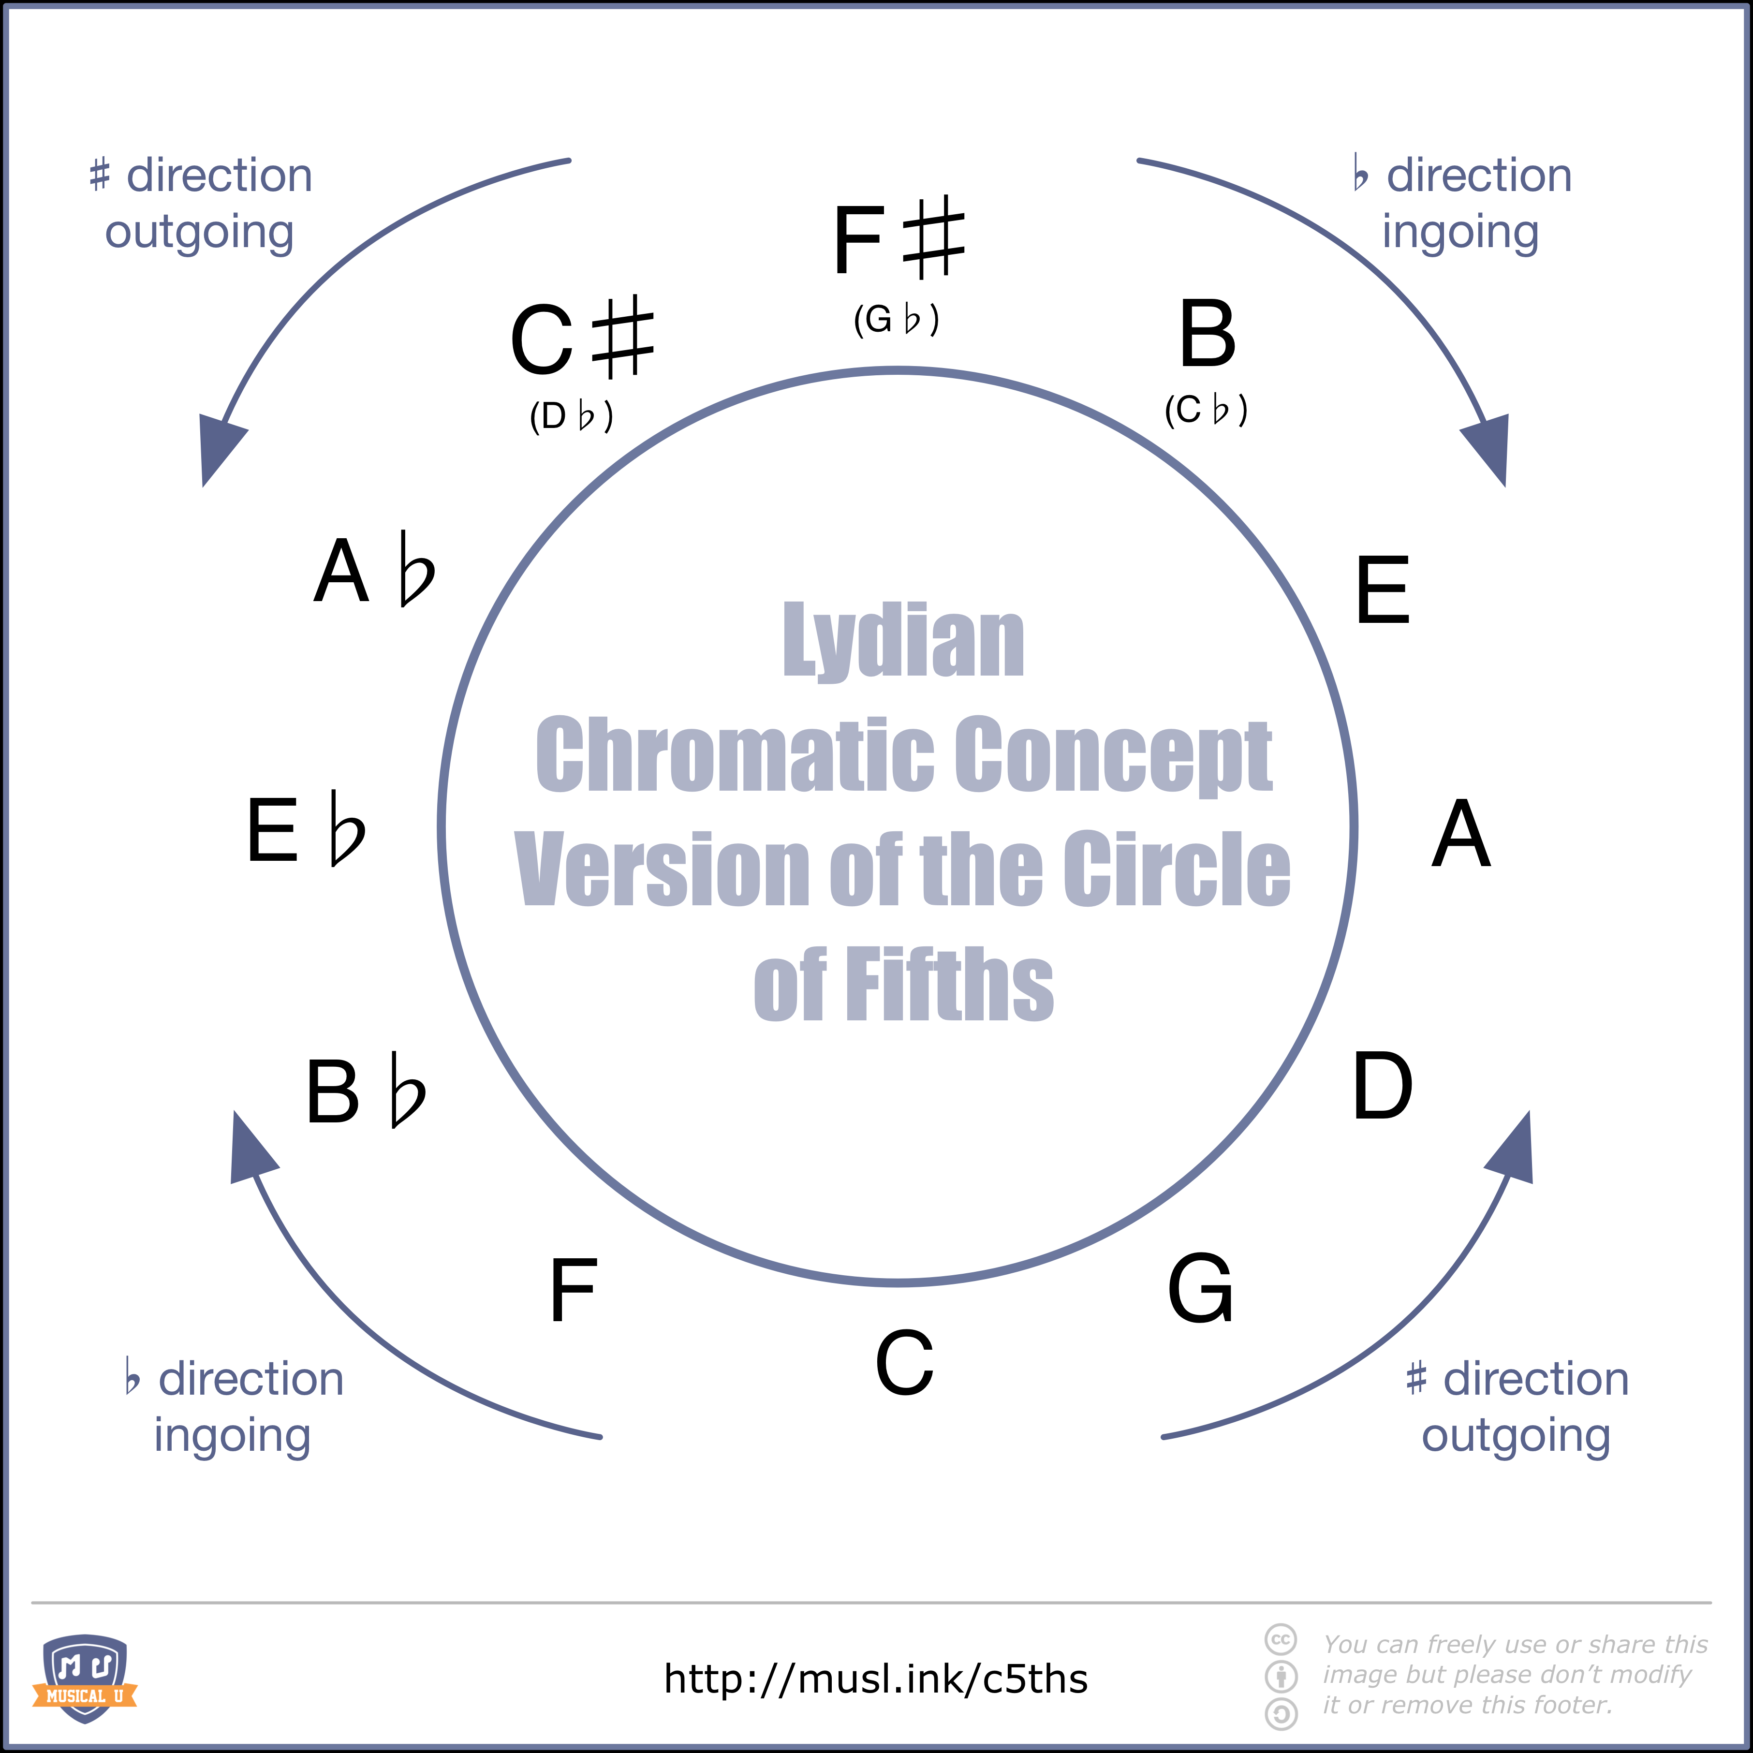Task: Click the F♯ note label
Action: tap(899, 238)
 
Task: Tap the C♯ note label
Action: tap(582, 338)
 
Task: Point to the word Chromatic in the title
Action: tap(735, 755)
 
